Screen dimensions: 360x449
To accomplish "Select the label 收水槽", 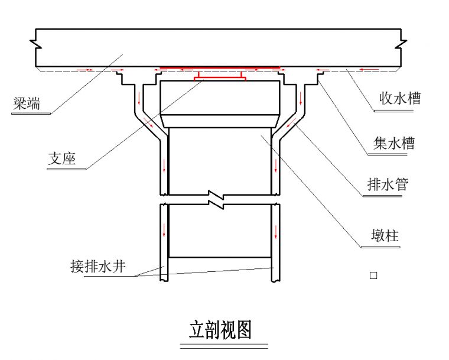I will pyautogui.click(x=400, y=99).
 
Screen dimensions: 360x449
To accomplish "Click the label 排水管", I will pyautogui.click(x=388, y=184).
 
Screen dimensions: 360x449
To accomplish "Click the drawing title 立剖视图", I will pyautogui.click(x=220, y=330).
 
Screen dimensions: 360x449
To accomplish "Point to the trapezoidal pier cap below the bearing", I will pyautogui.click(x=220, y=103).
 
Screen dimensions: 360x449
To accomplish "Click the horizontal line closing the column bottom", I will pyautogui.click(x=220, y=257).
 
